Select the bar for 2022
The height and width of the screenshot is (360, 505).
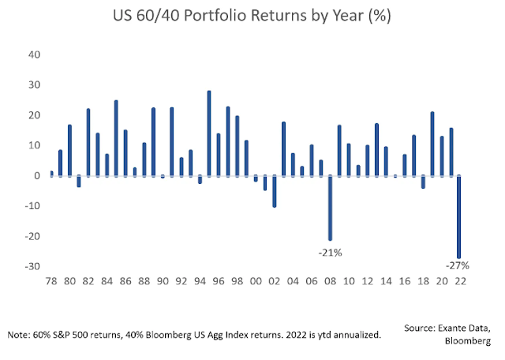459,216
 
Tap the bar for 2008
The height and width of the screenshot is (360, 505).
330,208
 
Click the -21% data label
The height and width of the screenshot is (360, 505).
330,253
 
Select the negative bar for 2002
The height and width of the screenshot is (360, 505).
274,191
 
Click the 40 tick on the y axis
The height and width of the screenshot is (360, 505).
33,54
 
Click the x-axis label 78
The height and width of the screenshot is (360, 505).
51,281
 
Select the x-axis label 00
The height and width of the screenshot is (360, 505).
255,281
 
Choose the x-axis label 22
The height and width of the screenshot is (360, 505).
459,281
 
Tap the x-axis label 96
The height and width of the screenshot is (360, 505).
218,281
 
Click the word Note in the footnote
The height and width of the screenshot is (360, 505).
19,336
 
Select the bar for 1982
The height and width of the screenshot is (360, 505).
88,142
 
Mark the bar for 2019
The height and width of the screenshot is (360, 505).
432,144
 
